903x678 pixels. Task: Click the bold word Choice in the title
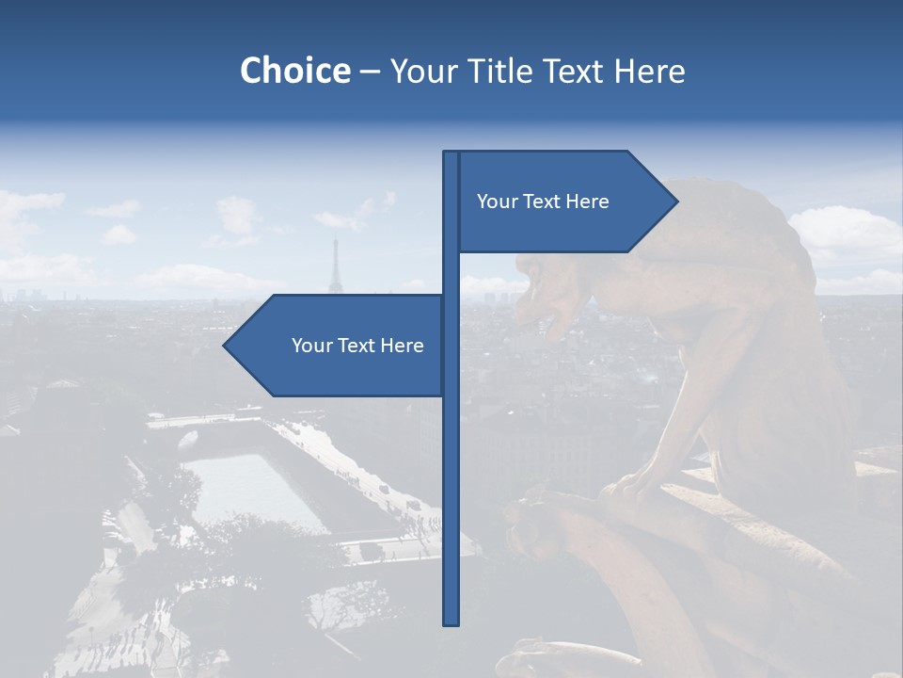(x=294, y=71)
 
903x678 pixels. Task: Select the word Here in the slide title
(x=649, y=71)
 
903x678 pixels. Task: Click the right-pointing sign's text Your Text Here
(x=543, y=202)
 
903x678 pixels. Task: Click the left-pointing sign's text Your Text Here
(x=357, y=346)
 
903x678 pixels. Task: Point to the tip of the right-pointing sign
(x=676, y=201)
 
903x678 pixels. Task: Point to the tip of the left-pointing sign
(x=225, y=346)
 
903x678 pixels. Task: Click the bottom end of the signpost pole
(x=451, y=622)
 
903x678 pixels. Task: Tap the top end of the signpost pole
(x=451, y=153)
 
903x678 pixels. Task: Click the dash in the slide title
(x=370, y=72)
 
